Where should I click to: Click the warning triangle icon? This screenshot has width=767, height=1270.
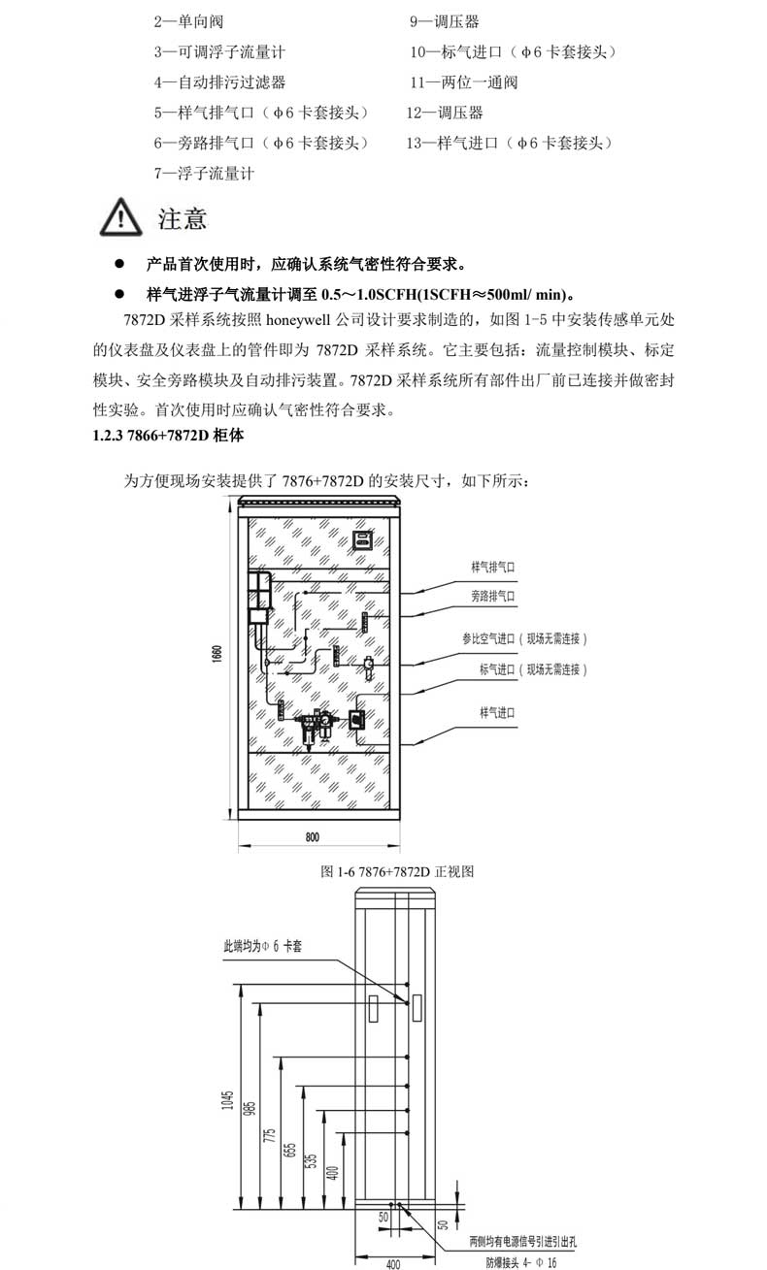click(x=121, y=217)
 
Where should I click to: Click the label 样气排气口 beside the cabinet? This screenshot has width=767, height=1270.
click(x=492, y=566)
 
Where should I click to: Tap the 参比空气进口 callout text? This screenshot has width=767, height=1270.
click(x=524, y=639)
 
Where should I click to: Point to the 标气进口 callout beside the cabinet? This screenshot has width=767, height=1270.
click(x=533, y=669)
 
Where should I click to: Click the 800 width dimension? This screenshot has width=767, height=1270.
click(x=313, y=836)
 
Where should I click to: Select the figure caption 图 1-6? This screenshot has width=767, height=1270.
click(x=396, y=871)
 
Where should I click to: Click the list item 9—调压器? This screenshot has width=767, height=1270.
click(x=444, y=20)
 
